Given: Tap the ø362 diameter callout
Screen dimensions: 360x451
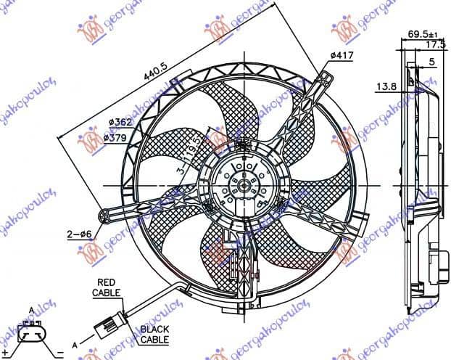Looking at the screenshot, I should tap(118, 123).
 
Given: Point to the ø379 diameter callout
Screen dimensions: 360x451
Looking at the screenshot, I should tap(118, 136).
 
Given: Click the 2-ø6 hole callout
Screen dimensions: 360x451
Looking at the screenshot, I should tap(78, 234).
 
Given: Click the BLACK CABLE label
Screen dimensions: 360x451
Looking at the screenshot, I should tap(154, 334).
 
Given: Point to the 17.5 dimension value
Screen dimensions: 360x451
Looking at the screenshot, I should tap(434, 45).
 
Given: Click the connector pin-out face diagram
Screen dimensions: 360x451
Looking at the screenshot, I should tap(33, 333).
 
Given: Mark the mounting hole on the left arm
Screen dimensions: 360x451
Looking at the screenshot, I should tap(109, 215).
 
